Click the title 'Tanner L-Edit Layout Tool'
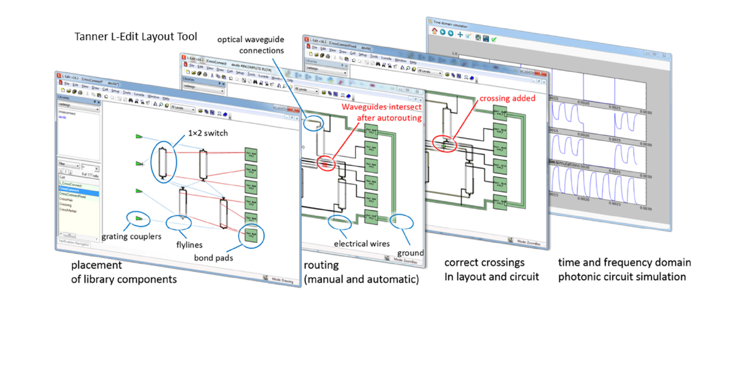pyautogui.click(x=136, y=37)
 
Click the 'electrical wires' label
pyautogui.click(x=362, y=244)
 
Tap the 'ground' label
pyautogui.click(x=411, y=253)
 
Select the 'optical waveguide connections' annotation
pyautogui.click(x=251, y=44)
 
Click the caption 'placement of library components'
pyautogui.click(x=123, y=272)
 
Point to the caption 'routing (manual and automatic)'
pyautogui.click(x=361, y=272)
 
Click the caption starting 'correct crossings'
pyautogui.click(x=491, y=269)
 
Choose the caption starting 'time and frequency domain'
pyautogui.click(x=624, y=269)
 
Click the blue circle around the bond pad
pyautogui.click(x=252, y=234)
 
